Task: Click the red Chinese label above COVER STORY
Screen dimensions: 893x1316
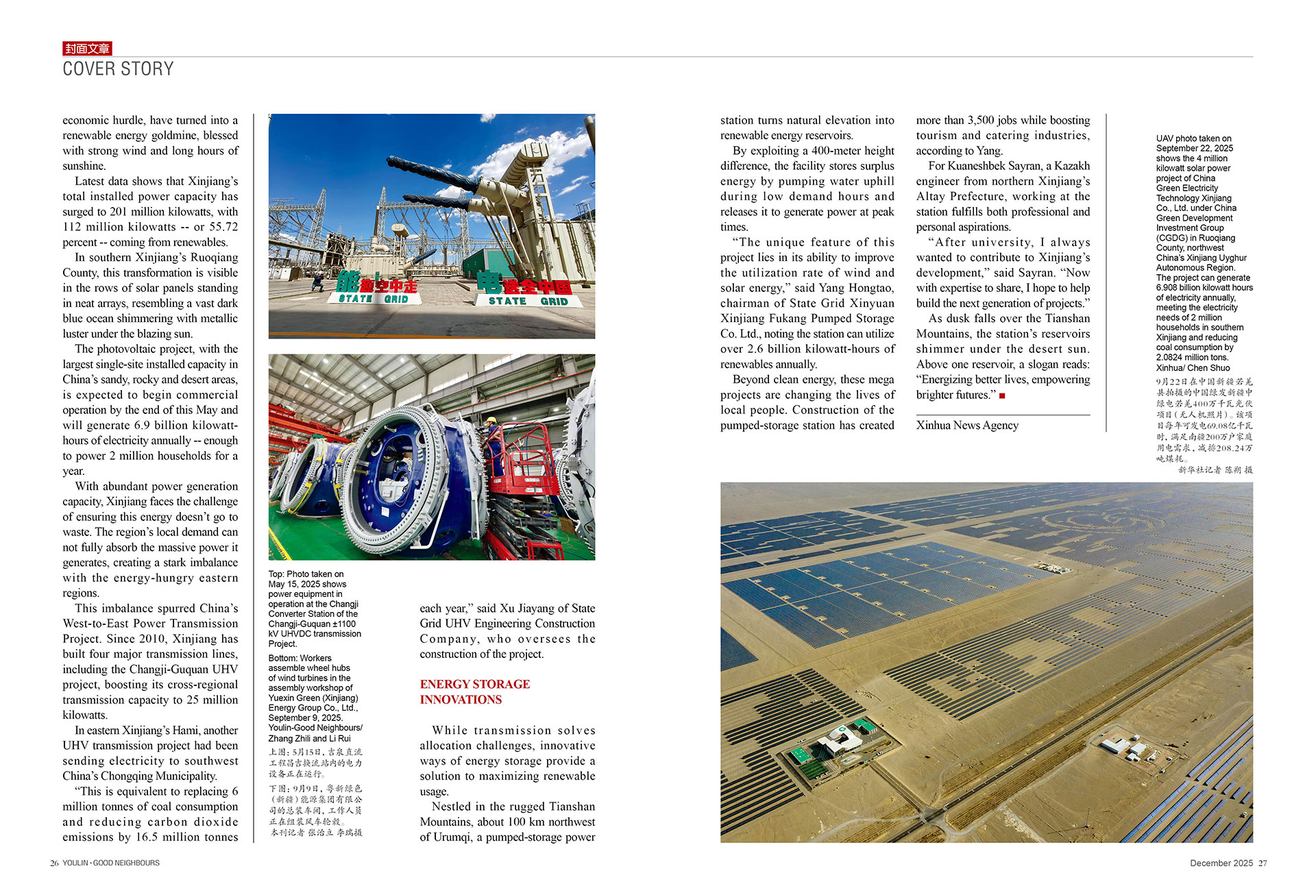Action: pyautogui.click(x=87, y=48)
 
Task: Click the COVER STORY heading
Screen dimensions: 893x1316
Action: pyautogui.click(x=118, y=69)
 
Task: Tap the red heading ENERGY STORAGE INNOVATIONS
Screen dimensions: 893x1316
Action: pyautogui.click(x=474, y=692)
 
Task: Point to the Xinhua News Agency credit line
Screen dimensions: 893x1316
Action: pyautogui.click(x=967, y=425)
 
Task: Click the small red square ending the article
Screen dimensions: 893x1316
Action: pyautogui.click(x=1002, y=395)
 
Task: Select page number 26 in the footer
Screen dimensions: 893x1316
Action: pyautogui.click(x=54, y=863)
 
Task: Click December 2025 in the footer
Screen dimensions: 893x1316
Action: pyautogui.click(x=1221, y=863)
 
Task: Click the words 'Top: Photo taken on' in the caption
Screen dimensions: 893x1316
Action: pyautogui.click(x=306, y=574)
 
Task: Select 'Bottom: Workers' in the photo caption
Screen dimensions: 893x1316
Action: pyautogui.click(x=300, y=658)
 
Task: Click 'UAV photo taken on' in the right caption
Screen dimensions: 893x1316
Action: pyautogui.click(x=1193, y=138)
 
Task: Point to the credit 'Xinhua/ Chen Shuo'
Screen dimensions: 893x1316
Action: pyautogui.click(x=1193, y=368)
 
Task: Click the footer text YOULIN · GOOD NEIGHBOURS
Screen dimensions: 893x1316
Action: pyautogui.click(x=111, y=863)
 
